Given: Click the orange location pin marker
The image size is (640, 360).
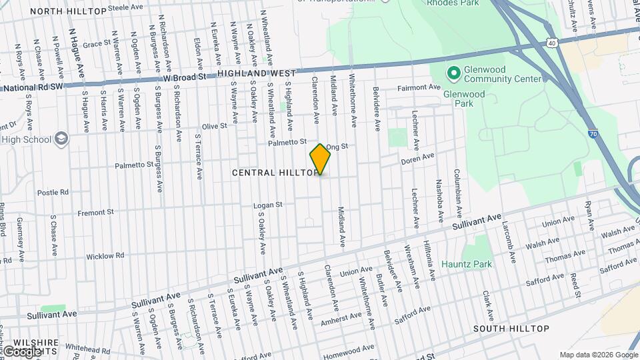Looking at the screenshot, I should coord(320,159).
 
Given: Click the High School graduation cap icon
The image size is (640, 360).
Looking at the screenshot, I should coord(61,139).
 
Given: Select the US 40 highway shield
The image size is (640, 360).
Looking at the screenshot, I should coord(551,43).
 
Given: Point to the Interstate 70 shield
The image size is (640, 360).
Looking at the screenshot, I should coord(592,134).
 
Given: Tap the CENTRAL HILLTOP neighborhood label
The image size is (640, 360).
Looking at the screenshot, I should coord(273,173).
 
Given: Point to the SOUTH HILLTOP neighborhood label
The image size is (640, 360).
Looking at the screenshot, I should coord(511,329).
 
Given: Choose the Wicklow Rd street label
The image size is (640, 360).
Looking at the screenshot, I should coord(105,255).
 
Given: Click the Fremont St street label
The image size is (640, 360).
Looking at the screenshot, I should coord(96,212).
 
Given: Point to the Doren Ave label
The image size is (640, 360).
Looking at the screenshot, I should coord(417,158).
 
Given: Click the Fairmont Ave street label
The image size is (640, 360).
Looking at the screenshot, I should coord(420,87).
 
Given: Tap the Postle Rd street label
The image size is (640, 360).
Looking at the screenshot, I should coord(53,192).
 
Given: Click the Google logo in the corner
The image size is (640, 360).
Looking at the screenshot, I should coord(21,351).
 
